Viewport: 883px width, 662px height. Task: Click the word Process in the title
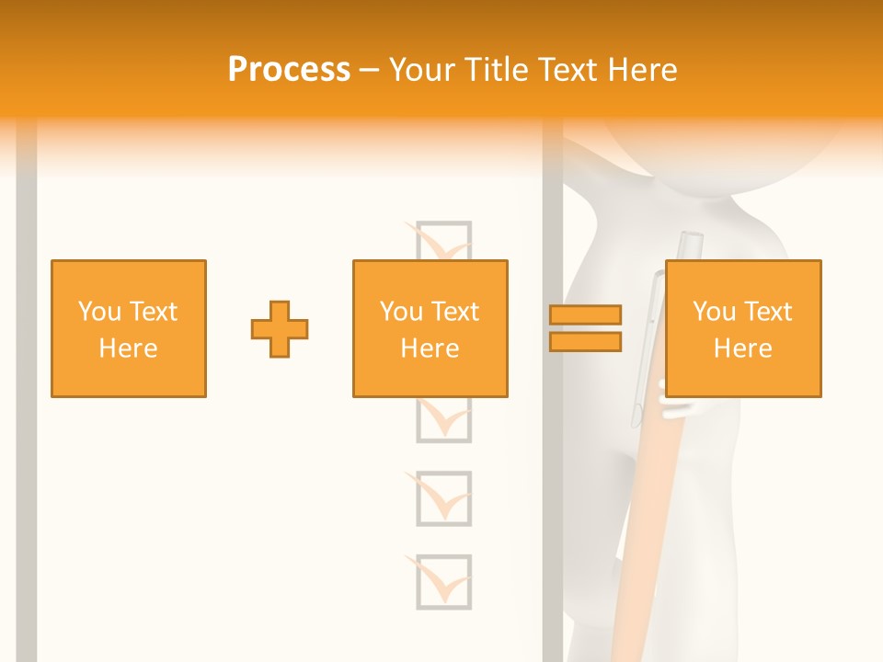(289, 70)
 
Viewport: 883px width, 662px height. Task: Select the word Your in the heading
(425, 70)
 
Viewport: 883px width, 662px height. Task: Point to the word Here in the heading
(637, 70)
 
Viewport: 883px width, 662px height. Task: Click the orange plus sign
(280, 329)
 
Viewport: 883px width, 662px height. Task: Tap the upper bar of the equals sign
(585, 314)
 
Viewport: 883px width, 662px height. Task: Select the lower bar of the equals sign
(585, 341)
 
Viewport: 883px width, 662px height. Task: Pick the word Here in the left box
(128, 348)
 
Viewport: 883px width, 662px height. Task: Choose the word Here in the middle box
(430, 348)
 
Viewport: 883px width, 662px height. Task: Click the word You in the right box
(714, 312)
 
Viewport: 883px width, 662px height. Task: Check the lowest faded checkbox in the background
(443, 581)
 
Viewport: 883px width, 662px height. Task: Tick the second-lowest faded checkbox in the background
(443, 498)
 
